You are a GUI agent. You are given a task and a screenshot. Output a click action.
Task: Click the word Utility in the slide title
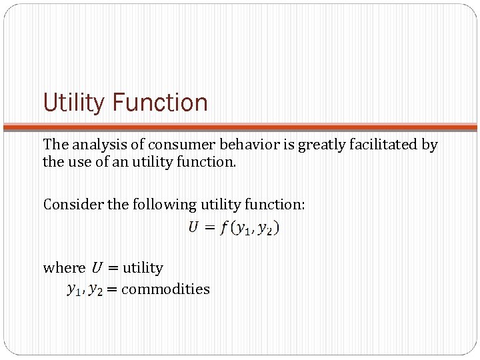(x=73, y=103)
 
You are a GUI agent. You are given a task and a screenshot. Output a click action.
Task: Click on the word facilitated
(x=385, y=145)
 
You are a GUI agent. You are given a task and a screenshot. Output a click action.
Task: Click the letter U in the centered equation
(x=193, y=228)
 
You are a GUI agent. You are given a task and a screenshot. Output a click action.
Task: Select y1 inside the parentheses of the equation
(x=241, y=229)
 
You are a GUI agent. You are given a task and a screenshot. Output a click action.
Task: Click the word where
(x=63, y=267)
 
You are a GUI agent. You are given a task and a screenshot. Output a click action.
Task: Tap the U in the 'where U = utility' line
(x=97, y=267)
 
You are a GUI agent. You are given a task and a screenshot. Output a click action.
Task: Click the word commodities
(x=165, y=289)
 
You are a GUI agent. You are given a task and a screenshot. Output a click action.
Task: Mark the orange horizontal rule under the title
(x=240, y=126)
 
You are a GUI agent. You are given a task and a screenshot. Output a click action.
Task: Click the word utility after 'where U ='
(x=143, y=267)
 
